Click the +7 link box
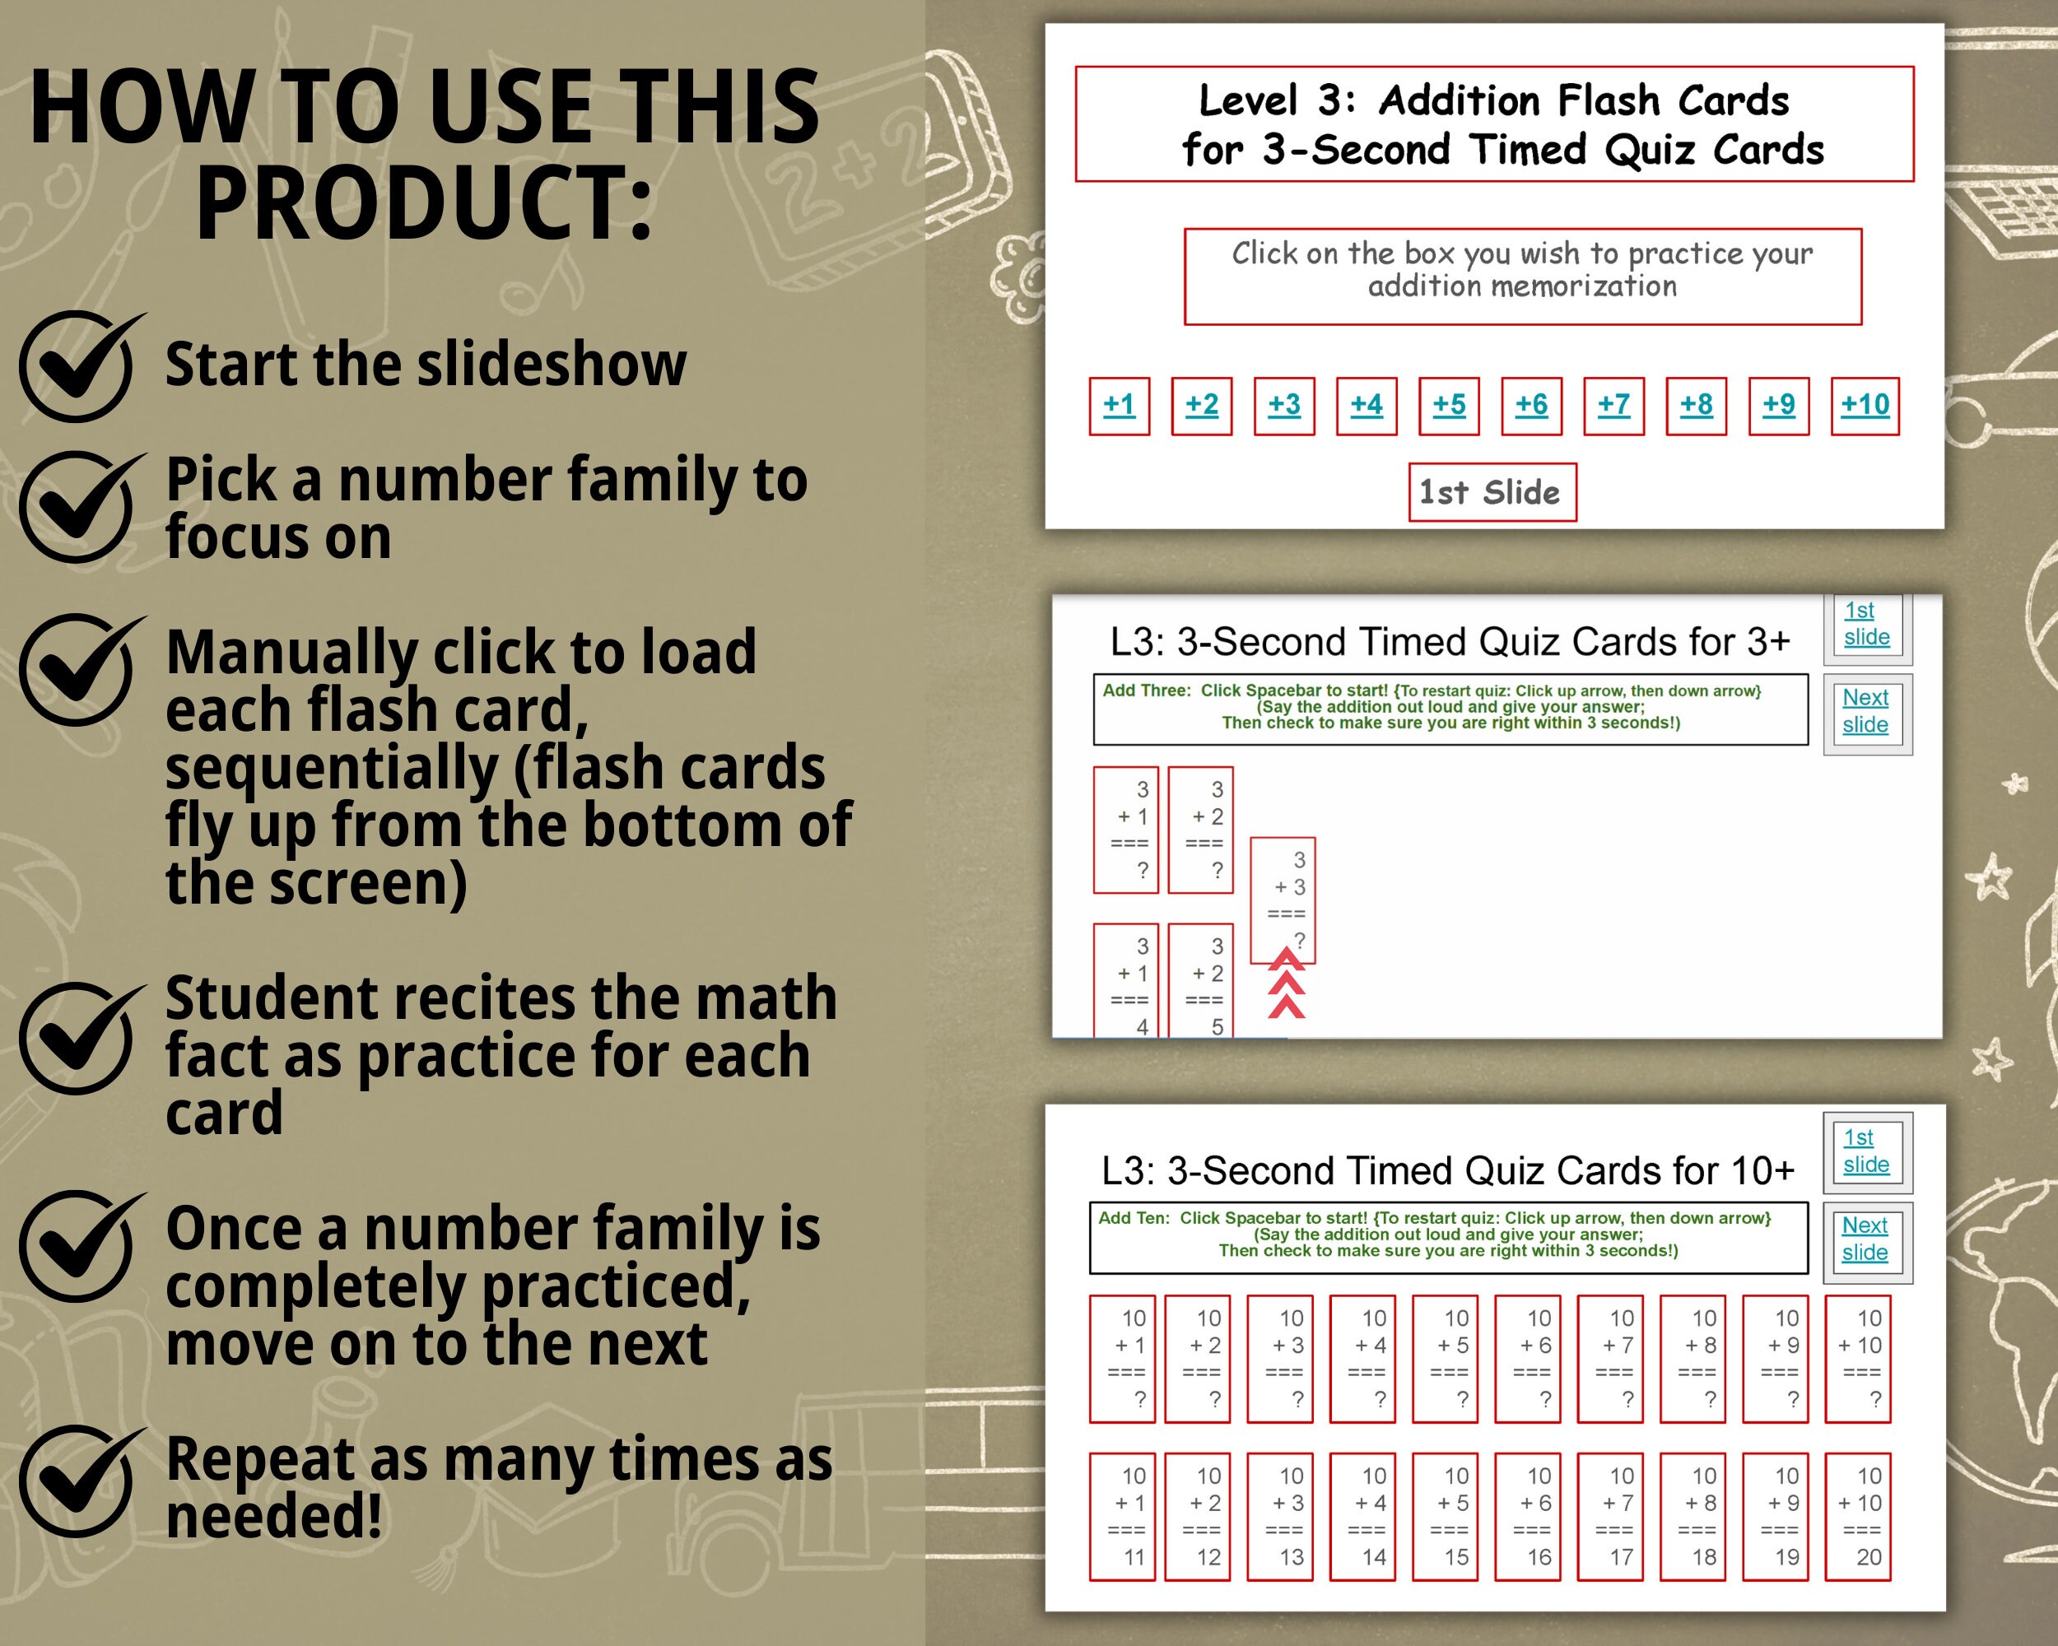[1613, 406]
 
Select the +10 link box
[1865, 406]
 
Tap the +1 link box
[1119, 406]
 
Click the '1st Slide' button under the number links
[1492, 492]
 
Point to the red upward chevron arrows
[1286, 983]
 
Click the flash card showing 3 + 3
[1282, 900]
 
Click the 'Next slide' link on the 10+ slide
[1865, 1239]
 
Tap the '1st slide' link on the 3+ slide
[1866, 623]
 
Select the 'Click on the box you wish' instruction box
[1521, 276]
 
